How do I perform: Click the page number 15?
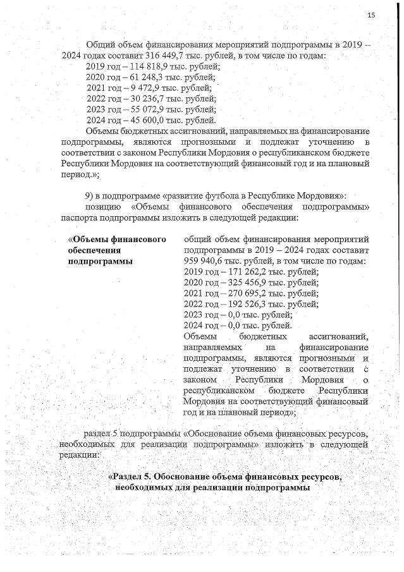[x=371, y=15]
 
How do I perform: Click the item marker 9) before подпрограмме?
[x=90, y=197]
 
